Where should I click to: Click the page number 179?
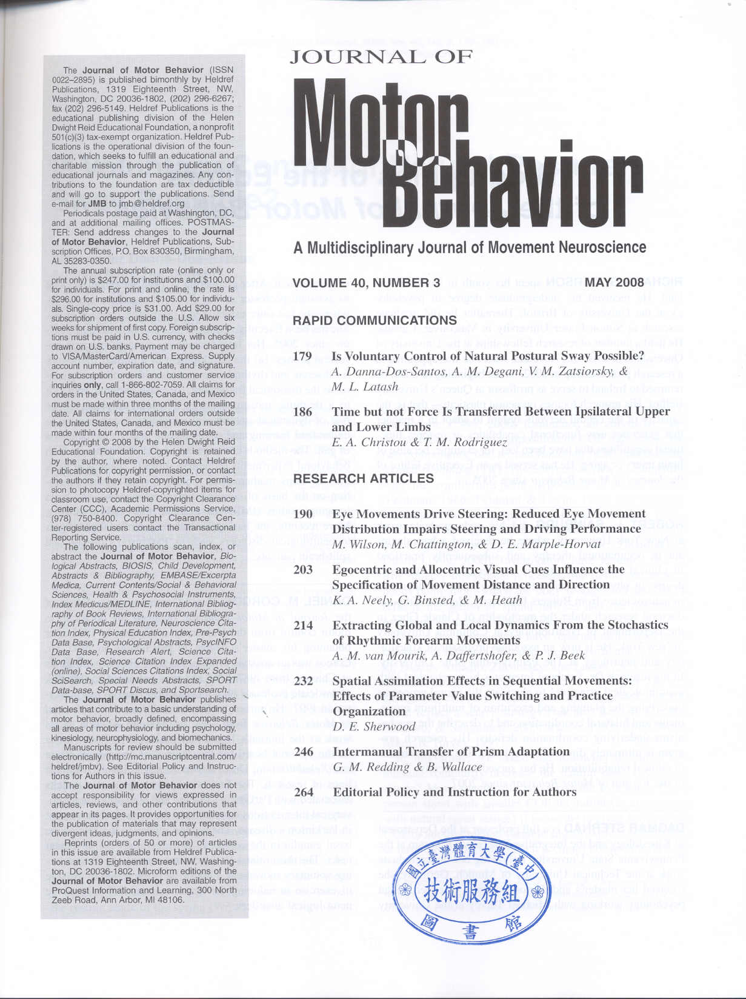tap(302, 356)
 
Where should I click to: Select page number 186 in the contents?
tap(302, 412)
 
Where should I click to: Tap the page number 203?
tap(303, 570)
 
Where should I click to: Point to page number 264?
tap(304, 792)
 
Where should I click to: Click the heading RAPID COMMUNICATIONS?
tap(375, 321)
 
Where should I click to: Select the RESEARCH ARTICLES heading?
tap(364, 478)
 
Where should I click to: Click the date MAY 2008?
tap(614, 282)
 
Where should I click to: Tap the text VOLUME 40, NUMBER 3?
tap(366, 283)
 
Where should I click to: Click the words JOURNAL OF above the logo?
tap(381, 58)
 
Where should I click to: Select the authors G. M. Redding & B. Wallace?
tap(407, 767)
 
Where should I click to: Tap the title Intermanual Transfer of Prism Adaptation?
tap(451, 752)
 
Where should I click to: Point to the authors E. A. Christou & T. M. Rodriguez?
tap(419, 442)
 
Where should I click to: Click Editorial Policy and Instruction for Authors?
tap(455, 792)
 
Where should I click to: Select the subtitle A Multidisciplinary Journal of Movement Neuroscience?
tap(470, 248)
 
